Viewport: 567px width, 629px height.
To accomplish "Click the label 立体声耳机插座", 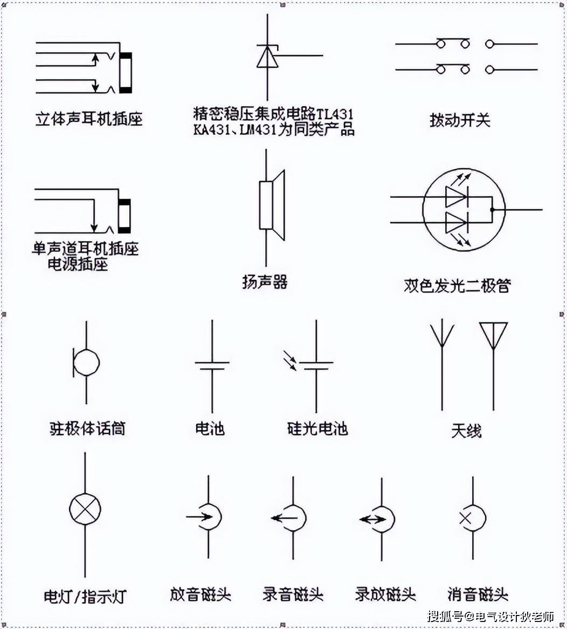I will (x=89, y=119).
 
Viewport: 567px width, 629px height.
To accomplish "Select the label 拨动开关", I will (x=460, y=119).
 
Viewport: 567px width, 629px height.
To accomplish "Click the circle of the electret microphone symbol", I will (x=86, y=363).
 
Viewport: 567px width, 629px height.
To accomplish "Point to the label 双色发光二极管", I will (x=457, y=285).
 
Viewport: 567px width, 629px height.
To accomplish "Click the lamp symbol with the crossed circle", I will (x=85, y=509).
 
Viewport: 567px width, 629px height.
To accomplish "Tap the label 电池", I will (x=210, y=429).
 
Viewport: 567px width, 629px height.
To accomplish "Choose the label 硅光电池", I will (x=317, y=429).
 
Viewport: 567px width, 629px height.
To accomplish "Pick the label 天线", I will (x=466, y=431).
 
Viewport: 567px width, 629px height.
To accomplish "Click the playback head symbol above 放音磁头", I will (x=209, y=517).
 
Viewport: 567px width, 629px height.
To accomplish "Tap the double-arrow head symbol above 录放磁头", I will (x=381, y=519).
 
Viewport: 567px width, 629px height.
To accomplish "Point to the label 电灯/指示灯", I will (x=85, y=597).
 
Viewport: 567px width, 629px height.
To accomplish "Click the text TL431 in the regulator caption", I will (x=335, y=114).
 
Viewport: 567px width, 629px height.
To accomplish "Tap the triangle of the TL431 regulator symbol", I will (x=267, y=58).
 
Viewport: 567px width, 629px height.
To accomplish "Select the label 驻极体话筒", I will (x=87, y=429).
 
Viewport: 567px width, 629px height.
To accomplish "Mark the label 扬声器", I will (x=265, y=282).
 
